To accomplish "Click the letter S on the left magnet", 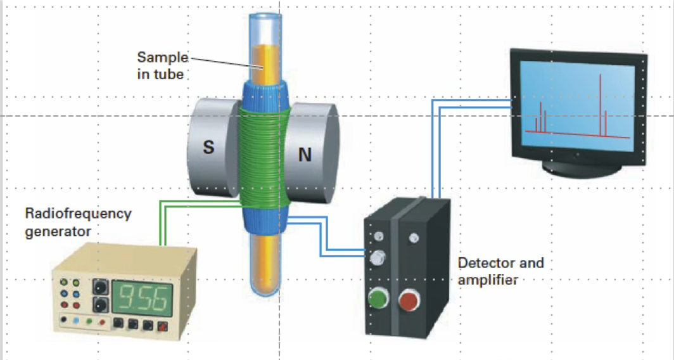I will tap(208, 148).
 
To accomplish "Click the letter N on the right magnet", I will tap(305, 154).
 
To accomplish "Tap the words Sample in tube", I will tap(162, 65).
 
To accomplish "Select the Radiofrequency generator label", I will tap(78, 221).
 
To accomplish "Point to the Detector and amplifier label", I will tap(500, 271).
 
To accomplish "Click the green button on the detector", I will tap(378, 297).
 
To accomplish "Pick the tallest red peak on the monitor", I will tap(599, 101).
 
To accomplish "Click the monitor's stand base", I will tap(580, 169).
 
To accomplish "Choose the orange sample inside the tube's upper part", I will tap(263, 63).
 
